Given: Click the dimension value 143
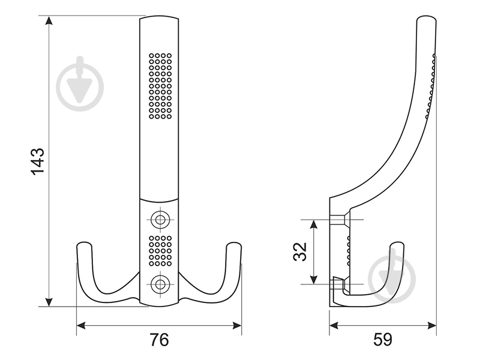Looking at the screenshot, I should click(37, 161).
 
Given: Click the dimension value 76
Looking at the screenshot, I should click(159, 340).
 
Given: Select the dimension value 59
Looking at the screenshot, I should click(382, 340).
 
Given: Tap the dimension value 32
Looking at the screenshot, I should click(300, 251).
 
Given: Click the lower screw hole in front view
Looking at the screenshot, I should click(159, 283).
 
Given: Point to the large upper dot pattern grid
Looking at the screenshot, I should click(160, 86).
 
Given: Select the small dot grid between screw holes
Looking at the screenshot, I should click(160, 250).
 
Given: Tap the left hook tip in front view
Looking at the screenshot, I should click(85, 246).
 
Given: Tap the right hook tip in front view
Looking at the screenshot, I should click(233, 246).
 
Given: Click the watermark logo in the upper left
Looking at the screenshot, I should click(80, 85).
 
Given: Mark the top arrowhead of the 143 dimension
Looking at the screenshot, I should click(50, 22).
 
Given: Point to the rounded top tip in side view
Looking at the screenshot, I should click(425, 22).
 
